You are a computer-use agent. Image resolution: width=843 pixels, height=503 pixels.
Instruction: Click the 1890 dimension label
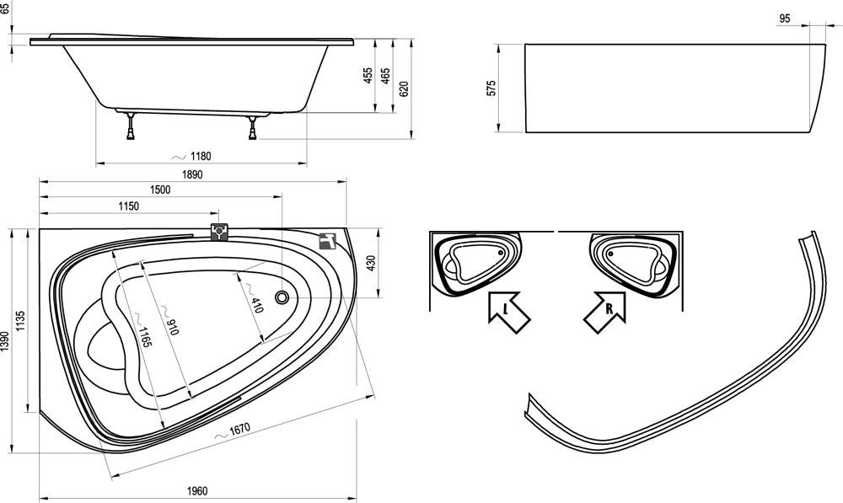tap(193, 174)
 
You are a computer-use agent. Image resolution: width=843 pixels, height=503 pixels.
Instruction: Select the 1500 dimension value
tap(160, 190)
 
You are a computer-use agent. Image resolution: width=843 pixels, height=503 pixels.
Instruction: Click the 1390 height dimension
tap(6, 340)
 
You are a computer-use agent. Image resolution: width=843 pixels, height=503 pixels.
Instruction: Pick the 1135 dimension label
tap(23, 321)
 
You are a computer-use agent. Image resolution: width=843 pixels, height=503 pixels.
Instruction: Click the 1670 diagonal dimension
tap(238, 431)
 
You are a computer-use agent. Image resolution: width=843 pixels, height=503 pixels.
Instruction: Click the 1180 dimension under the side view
tap(199, 156)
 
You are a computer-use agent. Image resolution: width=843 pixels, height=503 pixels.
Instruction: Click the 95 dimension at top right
tap(784, 19)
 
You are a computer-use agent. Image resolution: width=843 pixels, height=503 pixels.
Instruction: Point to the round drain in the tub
tap(282, 297)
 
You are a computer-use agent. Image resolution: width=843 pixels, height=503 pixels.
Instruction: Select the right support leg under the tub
tap(253, 127)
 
